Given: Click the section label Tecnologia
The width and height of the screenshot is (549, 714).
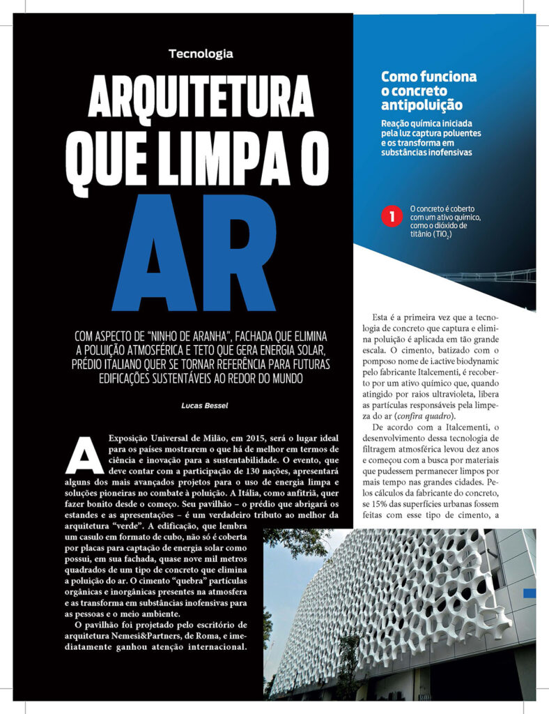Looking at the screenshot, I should click(200, 54).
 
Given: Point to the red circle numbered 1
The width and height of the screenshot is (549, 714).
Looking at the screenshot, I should click(391, 217).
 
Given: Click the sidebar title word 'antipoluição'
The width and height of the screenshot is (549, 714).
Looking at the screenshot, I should click(422, 105).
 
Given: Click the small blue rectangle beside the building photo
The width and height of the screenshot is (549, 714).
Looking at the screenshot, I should click(529, 593).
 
